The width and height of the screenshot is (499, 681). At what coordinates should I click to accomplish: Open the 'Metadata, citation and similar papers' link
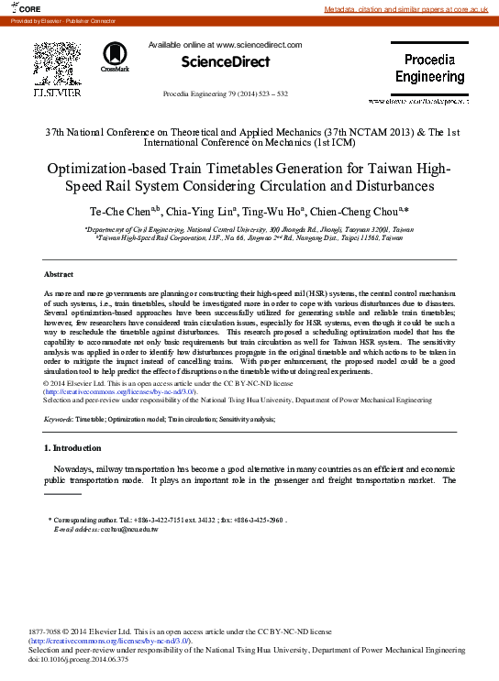click(x=410, y=8)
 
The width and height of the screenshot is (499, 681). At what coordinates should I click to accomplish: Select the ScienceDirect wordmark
click(x=226, y=62)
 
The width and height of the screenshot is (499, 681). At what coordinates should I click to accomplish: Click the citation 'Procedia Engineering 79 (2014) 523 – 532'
click(x=226, y=93)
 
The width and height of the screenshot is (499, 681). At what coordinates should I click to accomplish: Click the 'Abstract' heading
click(x=59, y=274)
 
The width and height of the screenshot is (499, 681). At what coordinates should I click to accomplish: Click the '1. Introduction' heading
click(x=72, y=447)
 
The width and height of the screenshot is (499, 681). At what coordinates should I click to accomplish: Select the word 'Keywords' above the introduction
click(x=59, y=418)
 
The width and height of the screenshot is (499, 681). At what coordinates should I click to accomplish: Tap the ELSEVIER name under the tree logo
click(x=57, y=93)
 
